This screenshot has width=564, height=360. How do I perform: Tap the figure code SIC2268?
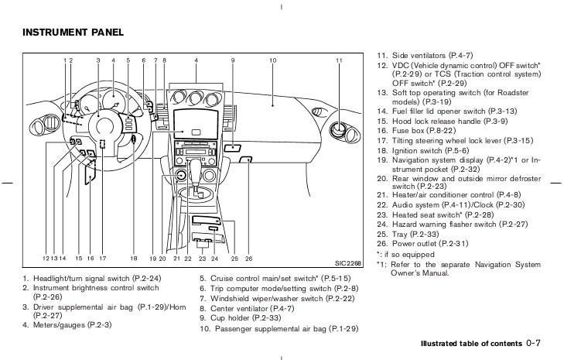point(347,261)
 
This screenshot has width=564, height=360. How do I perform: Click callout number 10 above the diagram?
point(273,60)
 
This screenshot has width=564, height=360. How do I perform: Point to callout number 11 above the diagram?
point(339,60)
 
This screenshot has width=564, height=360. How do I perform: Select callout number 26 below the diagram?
point(248,258)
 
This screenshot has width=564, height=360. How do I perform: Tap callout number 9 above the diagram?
point(233,60)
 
